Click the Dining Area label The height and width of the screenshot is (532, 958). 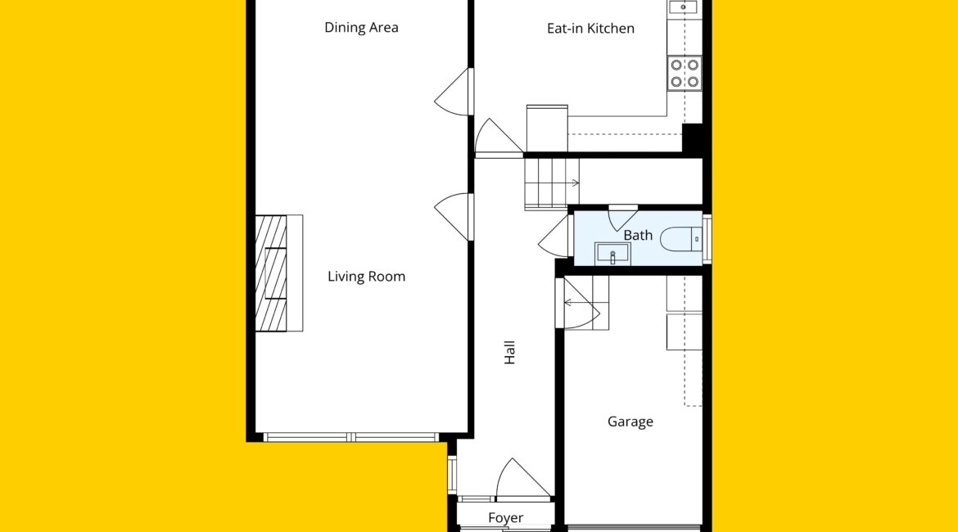[x=361, y=28]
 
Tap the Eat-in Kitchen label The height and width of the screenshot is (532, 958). [x=590, y=28]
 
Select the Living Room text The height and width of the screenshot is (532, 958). [x=366, y=277]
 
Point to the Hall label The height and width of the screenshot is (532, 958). [x=509, y=353]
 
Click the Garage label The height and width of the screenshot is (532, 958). [x=630, y=422]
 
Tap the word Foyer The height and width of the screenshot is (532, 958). [x=505, y=517]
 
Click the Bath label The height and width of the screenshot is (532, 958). [x=638, y=235]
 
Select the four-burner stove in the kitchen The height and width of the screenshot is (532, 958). [x=685, y=74]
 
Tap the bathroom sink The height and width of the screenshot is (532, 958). [x=612, y=253]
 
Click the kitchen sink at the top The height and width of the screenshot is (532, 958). [x=683, y=7]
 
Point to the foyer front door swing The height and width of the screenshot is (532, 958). [x=523, y=479]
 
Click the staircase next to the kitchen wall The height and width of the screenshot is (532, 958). [x=552, y=183]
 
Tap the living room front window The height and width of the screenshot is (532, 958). [x=350, y=437]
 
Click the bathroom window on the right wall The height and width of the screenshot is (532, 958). [x=707, y=239]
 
